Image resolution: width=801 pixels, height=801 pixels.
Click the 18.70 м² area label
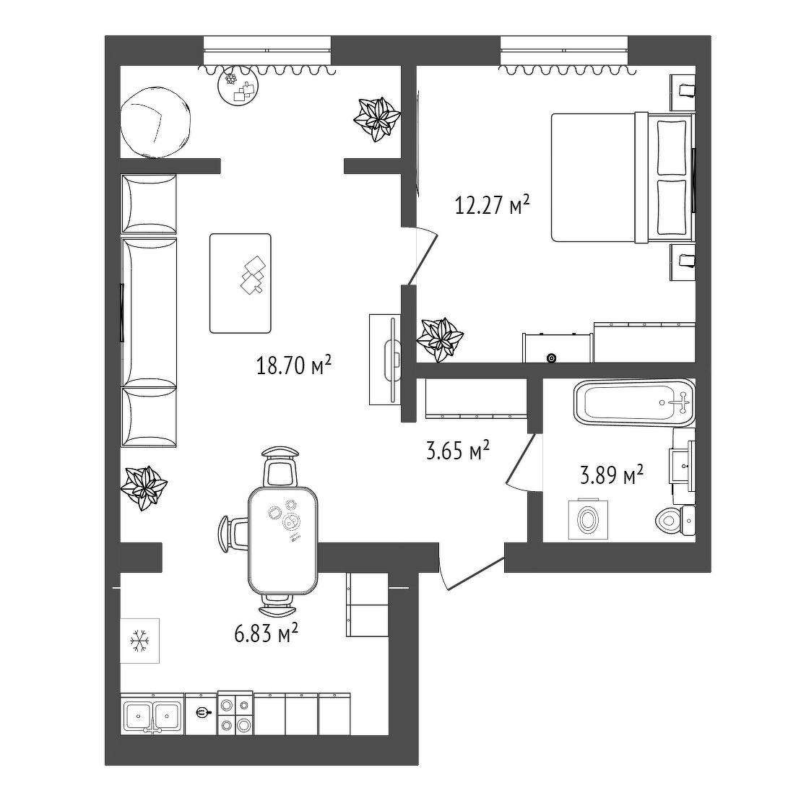point(294,365)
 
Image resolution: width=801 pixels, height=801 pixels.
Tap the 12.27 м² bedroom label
point(492,205)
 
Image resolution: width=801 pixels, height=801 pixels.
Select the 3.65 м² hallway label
point(458,450)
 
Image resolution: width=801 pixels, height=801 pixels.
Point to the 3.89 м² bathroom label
point(612,475)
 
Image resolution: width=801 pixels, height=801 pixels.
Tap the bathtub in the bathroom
point(634,402)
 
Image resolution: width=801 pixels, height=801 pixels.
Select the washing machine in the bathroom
point(589,519)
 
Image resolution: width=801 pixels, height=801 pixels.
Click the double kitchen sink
point(152,714)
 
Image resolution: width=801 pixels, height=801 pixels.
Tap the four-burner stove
point(235,713)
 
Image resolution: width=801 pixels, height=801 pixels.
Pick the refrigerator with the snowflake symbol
point(139,641)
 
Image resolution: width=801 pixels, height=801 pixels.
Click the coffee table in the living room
point(240,284)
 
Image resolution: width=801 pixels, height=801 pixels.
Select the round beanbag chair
point(156,124)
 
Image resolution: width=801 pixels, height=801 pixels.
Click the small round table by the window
point(238,87)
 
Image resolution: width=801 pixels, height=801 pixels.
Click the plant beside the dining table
point(144,488)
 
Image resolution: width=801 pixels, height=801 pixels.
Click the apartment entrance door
point(472,572)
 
